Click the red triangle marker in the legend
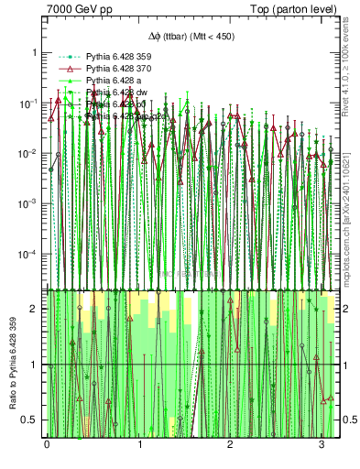pyautogui.click(x=67, y=69)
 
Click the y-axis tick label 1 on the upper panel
pyautogui.click(x=35, y=52)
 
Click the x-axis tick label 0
pyautogui.click(x=47, y=445)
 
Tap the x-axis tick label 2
pyautogui.click(x=229, y=445)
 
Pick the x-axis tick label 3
pyautogui.click(x=320, y=445)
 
